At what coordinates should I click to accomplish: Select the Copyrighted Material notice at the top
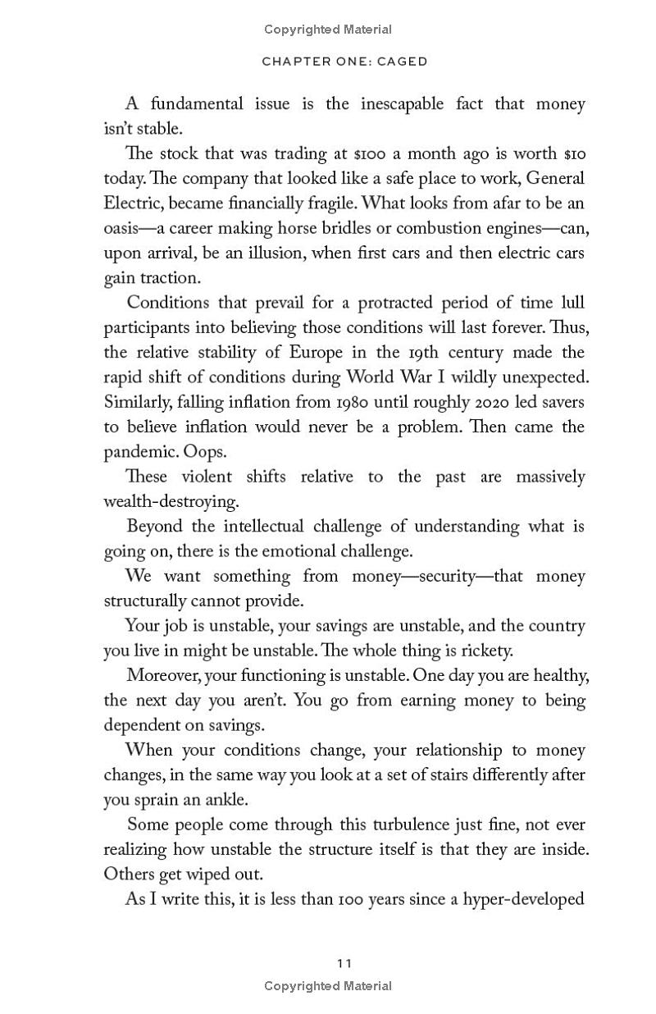(328, 30)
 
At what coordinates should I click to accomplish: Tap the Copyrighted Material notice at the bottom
(328, 986)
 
